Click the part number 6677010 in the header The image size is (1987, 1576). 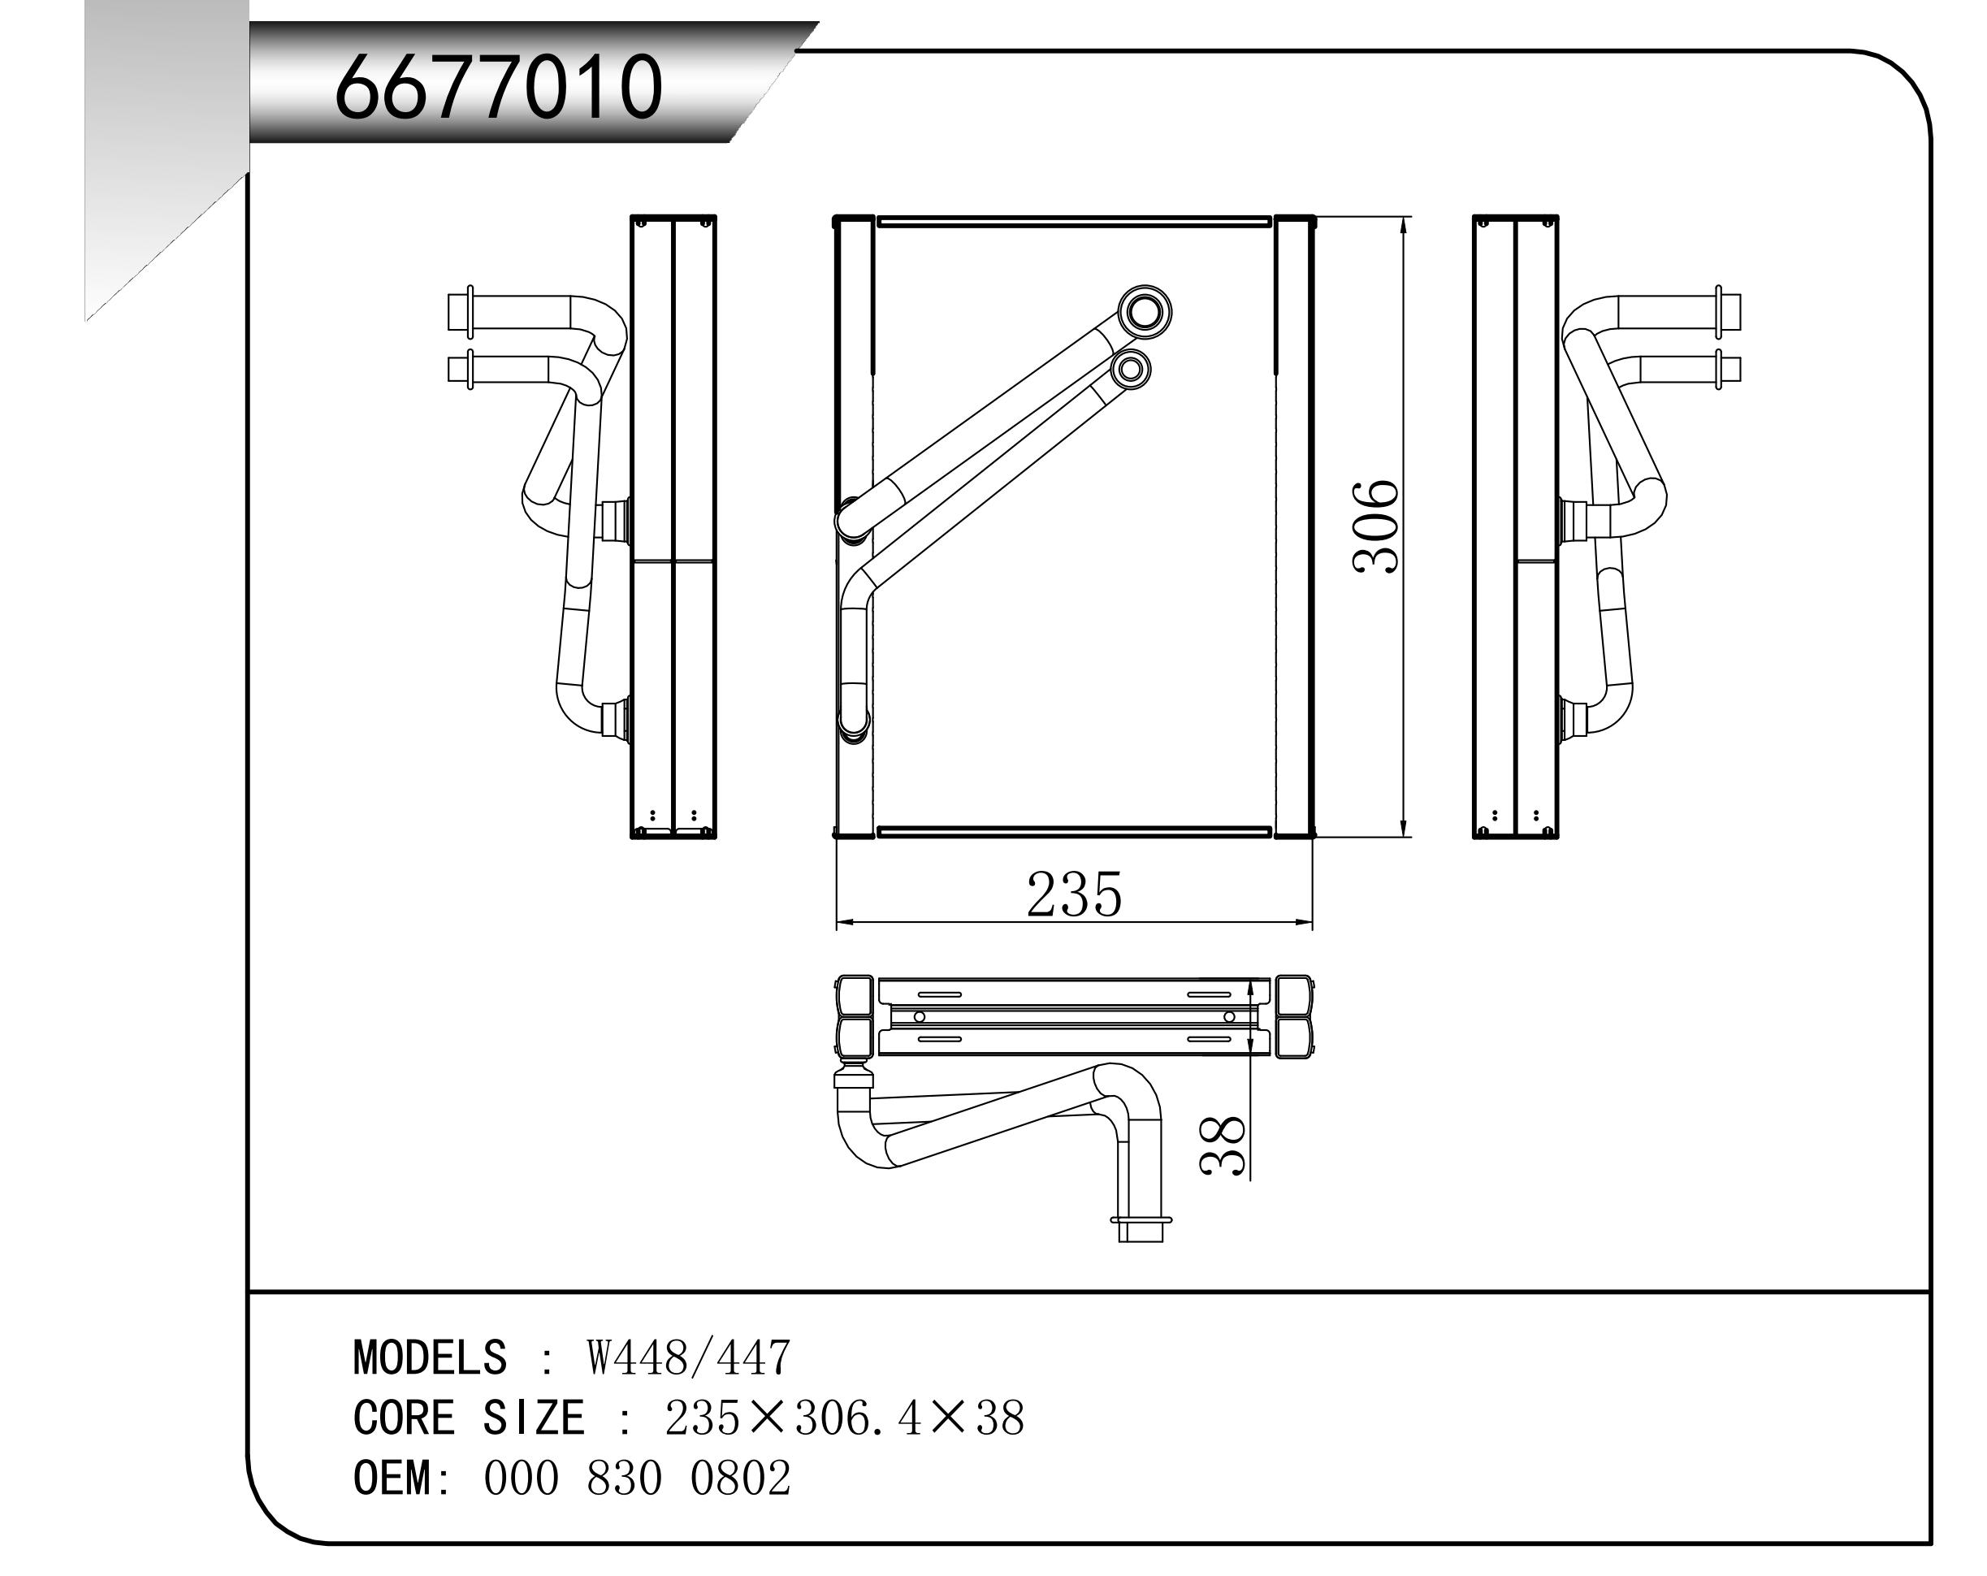click(498, 88)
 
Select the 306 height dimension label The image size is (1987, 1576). click(1376, 527)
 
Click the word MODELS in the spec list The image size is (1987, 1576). click(430, 1358)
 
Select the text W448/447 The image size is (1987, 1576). click(688, 1358)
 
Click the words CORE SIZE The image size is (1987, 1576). click(468, 1418)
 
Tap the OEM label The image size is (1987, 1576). click(392, 1479)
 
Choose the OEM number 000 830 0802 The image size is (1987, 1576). click(637, 1479)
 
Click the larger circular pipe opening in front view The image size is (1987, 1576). click(1145, 311)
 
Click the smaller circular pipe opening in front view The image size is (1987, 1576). click(1130, 370)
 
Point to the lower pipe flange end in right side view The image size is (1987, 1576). click(1728, 370)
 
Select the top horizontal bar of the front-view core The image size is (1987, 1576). click(1074, 222)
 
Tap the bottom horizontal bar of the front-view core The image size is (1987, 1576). click(1074, 831)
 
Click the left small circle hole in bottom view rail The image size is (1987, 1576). click(919, 1016)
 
